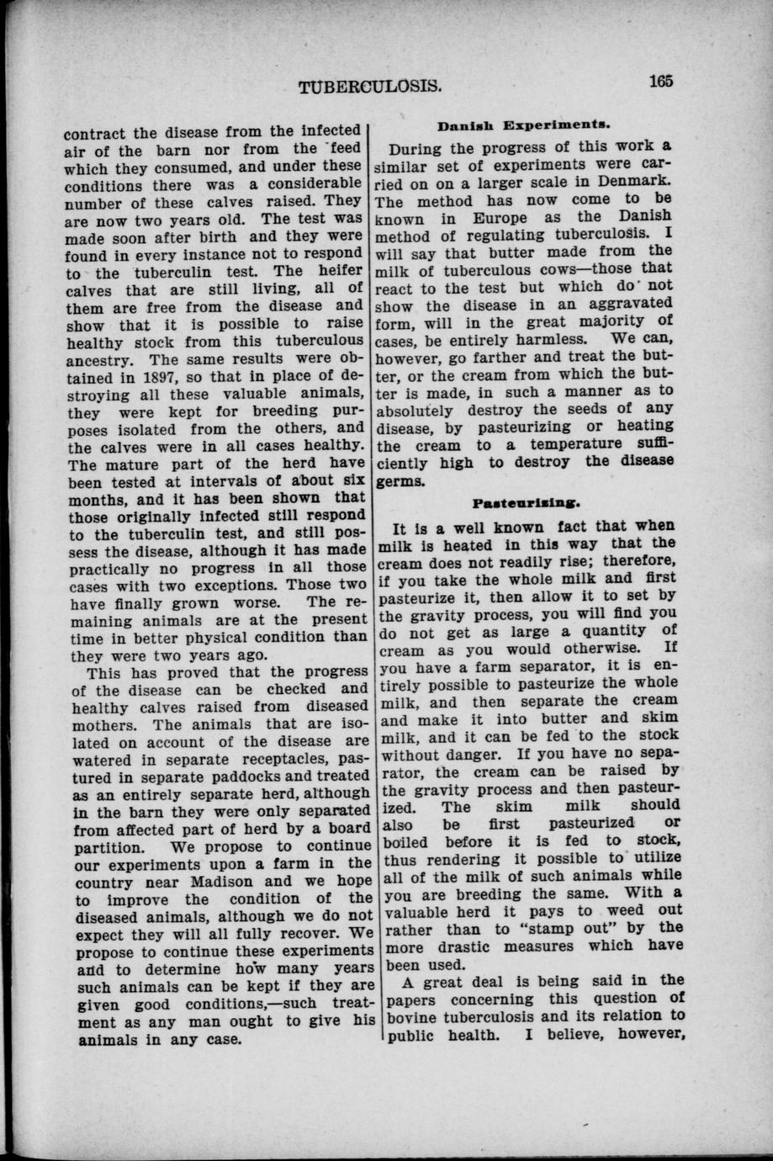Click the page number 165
662,82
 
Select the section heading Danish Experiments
522,125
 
